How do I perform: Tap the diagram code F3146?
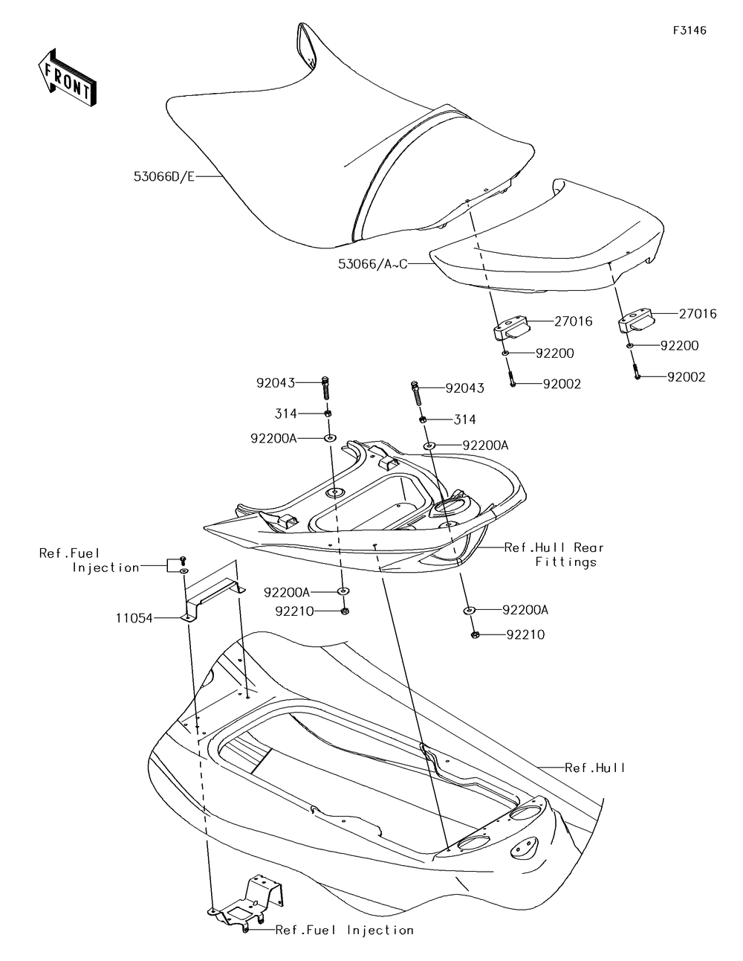[x=690, y=30]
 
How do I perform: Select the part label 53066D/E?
[x=164, y=177]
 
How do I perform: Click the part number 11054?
[x=133, y=617]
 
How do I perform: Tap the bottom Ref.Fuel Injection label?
[x=344, y=930]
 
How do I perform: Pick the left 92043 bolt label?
[x=276, y=383]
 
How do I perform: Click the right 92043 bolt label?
[x=464, y=388]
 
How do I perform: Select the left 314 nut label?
[x=285, y=414]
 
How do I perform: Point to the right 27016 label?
[x=698, y=314]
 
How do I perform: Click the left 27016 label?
[x=573, y=321]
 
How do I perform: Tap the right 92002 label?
[x=686, y=377]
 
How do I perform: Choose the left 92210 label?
[x=295, y=611]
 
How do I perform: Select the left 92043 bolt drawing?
[x=325, y=388]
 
